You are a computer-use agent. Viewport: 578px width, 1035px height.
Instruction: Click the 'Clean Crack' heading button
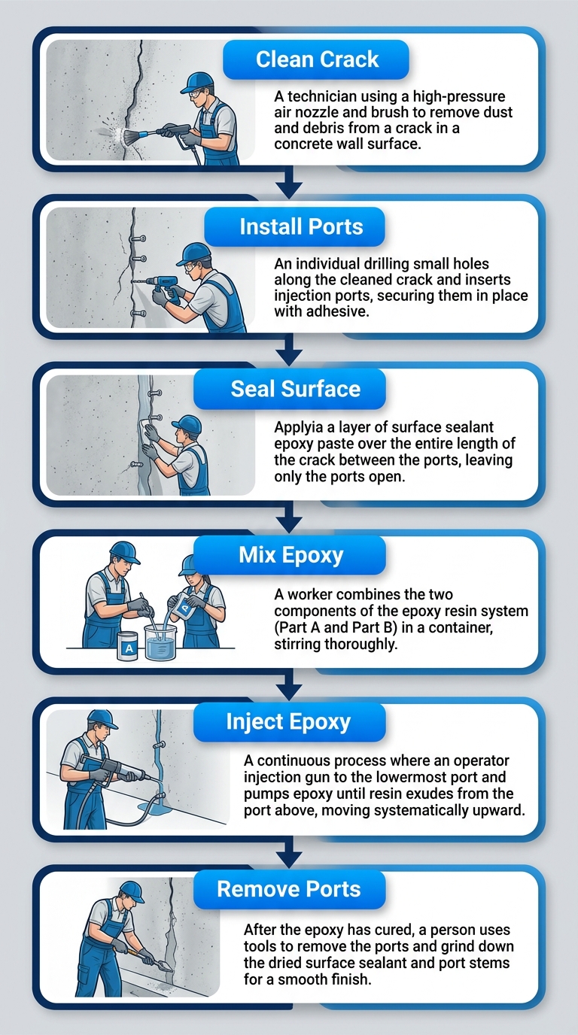[317, 60]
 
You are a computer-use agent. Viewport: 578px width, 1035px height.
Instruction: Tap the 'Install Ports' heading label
[301, 226]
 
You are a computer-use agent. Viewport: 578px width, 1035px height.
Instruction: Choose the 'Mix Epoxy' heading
[291, 555]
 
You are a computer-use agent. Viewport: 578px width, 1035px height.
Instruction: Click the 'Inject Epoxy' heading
[288, 722]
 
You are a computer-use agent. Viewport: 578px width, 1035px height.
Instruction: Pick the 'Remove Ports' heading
[288, 889]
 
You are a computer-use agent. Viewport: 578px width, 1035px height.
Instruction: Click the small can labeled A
[128, 646]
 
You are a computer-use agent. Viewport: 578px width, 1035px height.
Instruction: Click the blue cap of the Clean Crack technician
[198, 82]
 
